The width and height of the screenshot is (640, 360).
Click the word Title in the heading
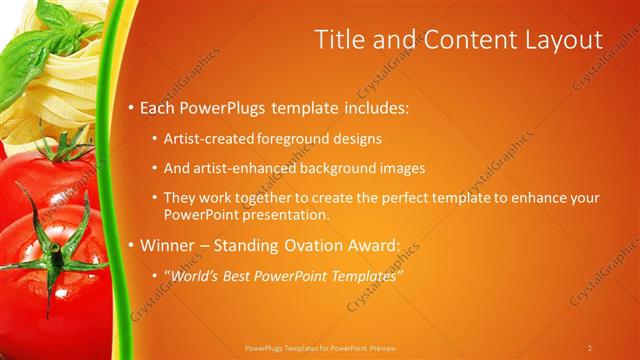pyautogui.click(x=339, y=40)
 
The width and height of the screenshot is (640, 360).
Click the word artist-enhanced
pyautogui.click(x=244, y=168)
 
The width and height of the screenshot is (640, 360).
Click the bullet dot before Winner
pyautogui.click(x=133, y=245)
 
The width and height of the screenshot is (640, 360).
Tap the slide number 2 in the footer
pyautogui.click(x=589, y=348)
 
